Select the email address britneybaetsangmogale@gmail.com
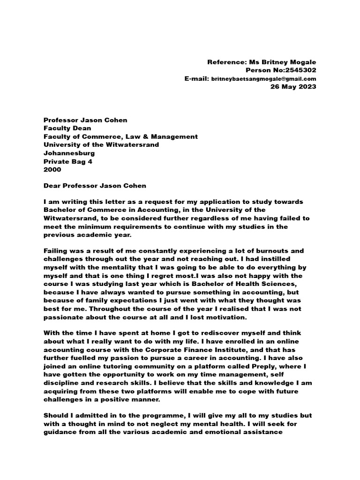coord(263,79)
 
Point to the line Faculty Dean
coord(67,128)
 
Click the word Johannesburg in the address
coord(69,153)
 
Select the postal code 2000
coord(52,169)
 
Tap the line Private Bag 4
coord(68,161)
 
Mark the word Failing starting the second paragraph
coord(56,251)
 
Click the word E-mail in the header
coord(196,79)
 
